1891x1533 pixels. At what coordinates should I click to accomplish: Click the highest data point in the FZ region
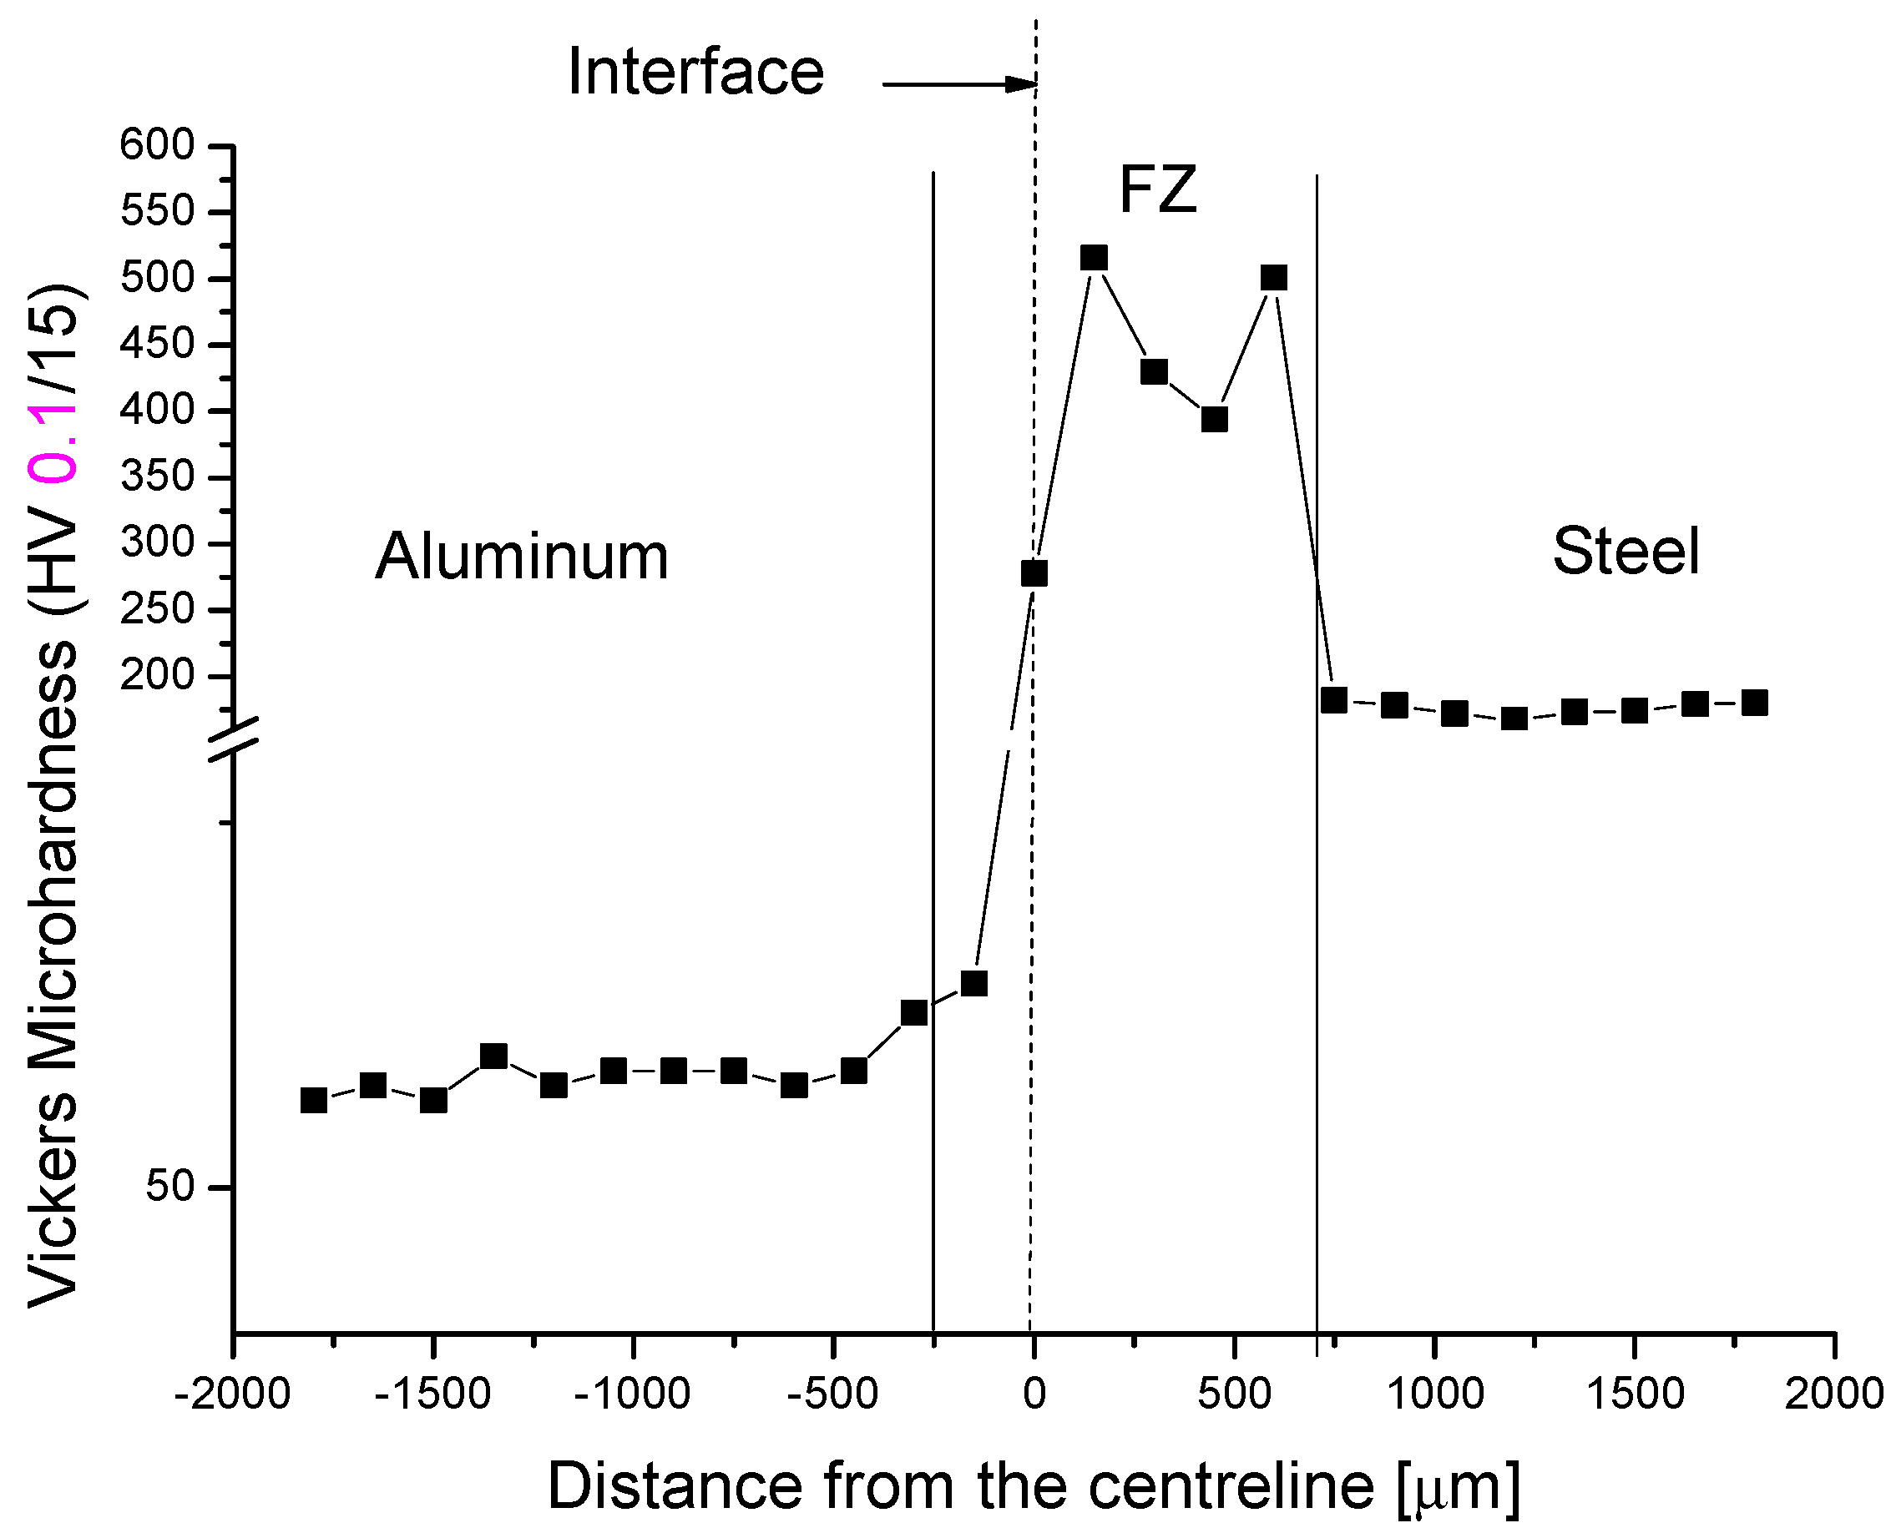(x=1094, y=258)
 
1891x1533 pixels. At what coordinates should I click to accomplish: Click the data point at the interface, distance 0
(x=1034, y=574)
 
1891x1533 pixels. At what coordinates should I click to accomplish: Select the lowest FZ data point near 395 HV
(x=1215, y=420)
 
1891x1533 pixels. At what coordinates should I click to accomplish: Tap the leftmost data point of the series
(x=314, y=1100)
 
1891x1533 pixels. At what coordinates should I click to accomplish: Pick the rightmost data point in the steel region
(x=1754, y=703)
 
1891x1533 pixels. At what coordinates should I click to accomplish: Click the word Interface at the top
(x=695, y=71)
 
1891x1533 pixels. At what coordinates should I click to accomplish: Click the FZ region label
(x=1157, y=190)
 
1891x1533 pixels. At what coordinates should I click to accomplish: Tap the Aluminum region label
(x=521, y=557)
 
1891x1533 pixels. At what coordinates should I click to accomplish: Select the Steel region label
(x=1626, y=551)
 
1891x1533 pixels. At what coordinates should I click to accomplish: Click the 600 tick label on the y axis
(x=157, y=145)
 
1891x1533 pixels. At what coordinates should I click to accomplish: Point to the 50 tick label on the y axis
(x=169, y=1186)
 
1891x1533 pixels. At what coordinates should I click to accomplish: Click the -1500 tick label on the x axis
(x=432, y=1395)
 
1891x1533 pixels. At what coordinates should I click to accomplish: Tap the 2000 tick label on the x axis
(x=1833, y=1395)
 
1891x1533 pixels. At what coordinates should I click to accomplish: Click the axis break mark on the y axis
(x=234, y=739)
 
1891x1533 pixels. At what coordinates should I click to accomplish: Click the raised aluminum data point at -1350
(x=493, y=1056)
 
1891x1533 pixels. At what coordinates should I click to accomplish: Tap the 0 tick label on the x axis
(x=1034, y=1395)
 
